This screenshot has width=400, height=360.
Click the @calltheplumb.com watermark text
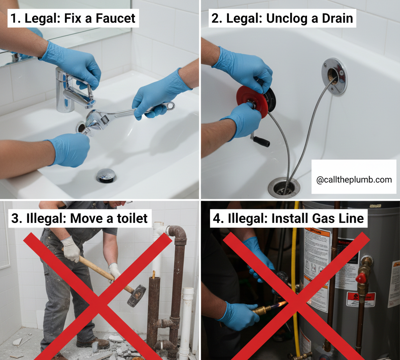(354, 180)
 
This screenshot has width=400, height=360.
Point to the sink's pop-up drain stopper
(106, 175)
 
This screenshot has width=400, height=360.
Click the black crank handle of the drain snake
(261, 141)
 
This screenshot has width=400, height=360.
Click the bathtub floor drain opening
(284, 187)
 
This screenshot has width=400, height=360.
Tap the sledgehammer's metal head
(137, 296)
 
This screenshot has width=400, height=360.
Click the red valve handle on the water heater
(361, 278)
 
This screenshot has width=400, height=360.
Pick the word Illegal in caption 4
(243, 218)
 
